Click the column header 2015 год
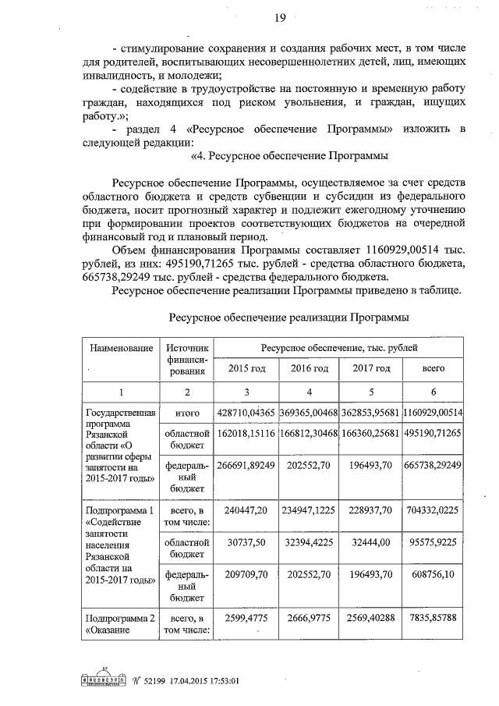tap(246, 368)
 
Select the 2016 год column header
tap(309, 368)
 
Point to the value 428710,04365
tap(246, 413)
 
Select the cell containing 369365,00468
tap(309, 413)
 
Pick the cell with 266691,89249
tap(246, 464)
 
